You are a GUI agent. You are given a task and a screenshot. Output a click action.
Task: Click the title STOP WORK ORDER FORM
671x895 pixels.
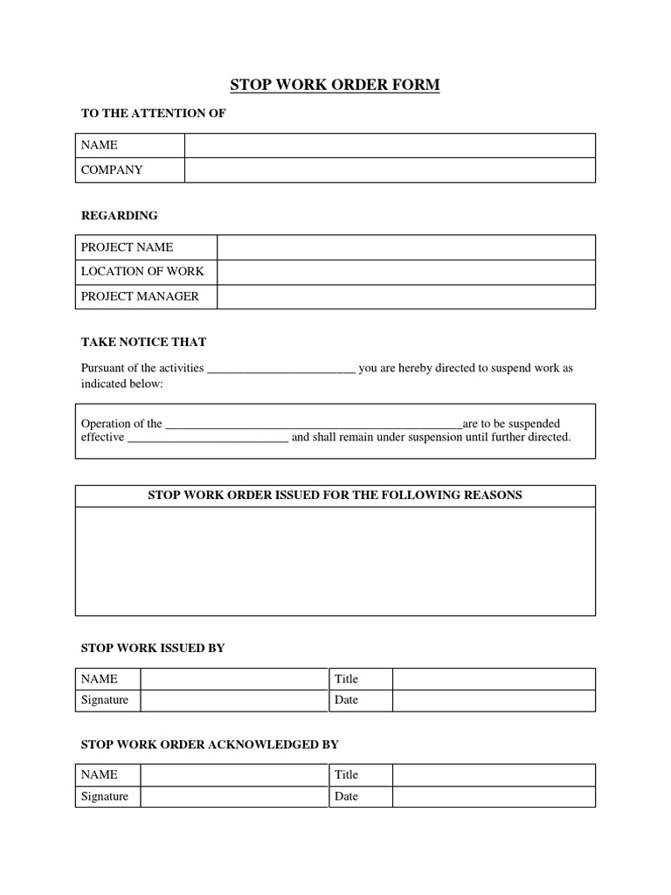(x=335, y=85)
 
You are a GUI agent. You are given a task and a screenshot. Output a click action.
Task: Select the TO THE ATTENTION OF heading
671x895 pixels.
(x=153, y=114)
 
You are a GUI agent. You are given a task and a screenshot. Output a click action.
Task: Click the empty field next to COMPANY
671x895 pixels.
(x=390, y=170)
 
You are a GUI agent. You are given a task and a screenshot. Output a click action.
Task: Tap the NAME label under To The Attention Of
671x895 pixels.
(x=100, y=145)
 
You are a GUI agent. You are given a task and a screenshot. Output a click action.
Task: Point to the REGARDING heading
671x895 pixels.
(x=120, y=215)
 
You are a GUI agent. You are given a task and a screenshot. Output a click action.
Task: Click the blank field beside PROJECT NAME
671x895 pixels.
(x=405, y=247)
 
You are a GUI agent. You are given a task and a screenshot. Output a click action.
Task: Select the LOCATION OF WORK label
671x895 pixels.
(x=142, y=272)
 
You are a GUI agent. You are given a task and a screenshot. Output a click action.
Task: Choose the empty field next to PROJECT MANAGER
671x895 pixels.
(x=405, y=297)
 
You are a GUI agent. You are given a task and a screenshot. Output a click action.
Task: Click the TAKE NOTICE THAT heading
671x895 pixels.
(x=143, y=342)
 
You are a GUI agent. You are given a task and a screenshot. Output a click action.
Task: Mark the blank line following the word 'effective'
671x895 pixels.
(x=208, y=439)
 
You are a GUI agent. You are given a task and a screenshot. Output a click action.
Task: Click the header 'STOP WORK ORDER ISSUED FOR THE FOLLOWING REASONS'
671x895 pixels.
(x=335, y=496)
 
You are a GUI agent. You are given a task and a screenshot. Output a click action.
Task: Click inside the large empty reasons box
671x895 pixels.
(x=335, y=561)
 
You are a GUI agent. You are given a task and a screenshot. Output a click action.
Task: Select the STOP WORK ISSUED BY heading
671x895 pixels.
(x=153, y=648)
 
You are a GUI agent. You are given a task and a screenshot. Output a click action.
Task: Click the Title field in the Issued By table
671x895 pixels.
(x=494, y=679)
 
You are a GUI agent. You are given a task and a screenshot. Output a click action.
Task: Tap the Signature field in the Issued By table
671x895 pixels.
(x=233, y=700)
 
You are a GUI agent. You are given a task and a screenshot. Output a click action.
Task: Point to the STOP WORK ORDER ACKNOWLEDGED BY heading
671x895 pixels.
(x=210, y=745)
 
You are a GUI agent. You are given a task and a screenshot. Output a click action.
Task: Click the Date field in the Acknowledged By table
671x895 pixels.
(x=494, y=796)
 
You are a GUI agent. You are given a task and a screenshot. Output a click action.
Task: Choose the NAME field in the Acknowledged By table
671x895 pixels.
(x=233, y=775)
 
